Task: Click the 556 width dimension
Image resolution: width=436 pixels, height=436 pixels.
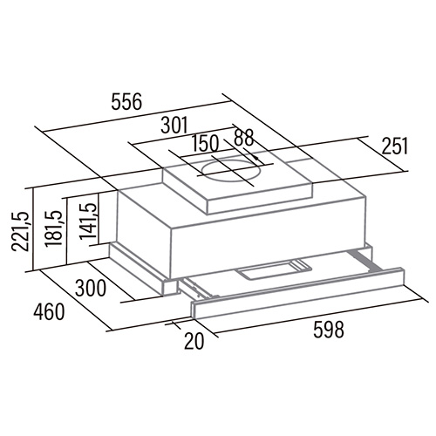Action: (126, 102)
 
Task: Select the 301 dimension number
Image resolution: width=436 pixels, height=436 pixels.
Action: (174, 126)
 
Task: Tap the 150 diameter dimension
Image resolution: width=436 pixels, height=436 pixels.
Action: (206, 143)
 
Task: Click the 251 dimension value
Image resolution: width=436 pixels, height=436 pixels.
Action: (395, 146)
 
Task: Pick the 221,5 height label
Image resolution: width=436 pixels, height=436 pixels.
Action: (20, 231)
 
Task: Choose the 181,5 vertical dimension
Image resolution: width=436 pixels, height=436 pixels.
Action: (54, 228)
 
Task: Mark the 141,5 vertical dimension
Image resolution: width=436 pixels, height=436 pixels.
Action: (87, 221)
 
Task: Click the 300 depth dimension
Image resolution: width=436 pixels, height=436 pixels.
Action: (91, 288)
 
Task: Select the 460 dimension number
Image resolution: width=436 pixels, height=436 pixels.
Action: (48, 311)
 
